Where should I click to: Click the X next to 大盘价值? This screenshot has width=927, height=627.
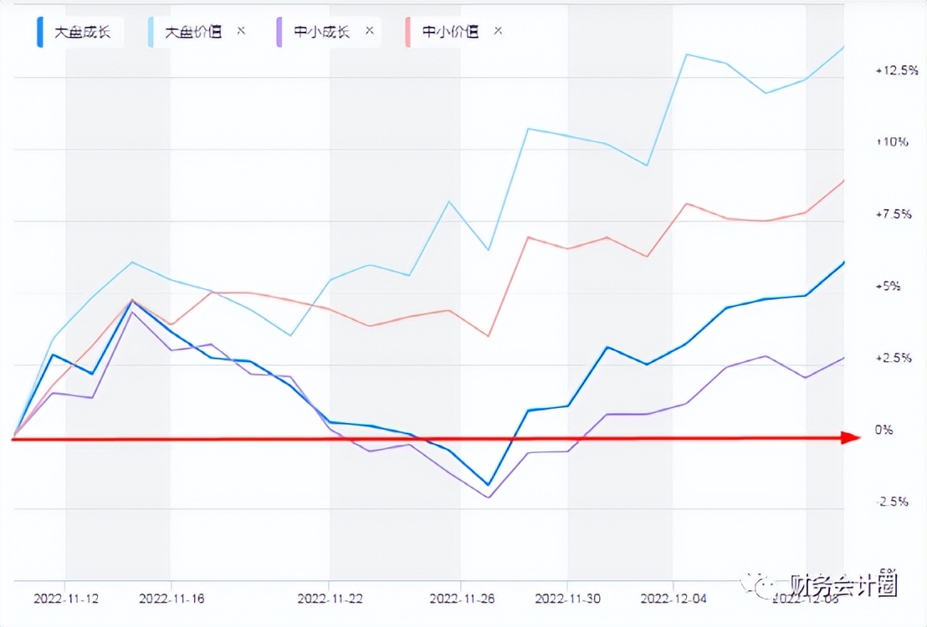click(x=241, y=31)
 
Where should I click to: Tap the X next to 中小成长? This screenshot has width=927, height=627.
click(x=369, y=31)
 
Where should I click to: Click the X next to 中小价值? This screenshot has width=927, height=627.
click(x=498, y=31)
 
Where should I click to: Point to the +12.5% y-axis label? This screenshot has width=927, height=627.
click(x=893, y=71)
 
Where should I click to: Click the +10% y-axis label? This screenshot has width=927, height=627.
click(x=893, y=142)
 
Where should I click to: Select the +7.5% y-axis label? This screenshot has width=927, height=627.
click(x=893, y=215)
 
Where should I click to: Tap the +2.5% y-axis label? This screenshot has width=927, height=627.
click(x=893, y=359)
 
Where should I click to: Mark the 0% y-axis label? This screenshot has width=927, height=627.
click(x=883, y=431)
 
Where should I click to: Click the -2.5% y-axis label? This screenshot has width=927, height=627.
click(x=893, y=502)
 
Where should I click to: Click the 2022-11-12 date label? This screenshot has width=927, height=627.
click(x=66, y=599)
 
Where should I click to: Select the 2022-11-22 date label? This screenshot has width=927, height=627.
click(x=330, y=599)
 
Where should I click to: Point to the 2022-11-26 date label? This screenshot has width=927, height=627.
click(x=462, y=599)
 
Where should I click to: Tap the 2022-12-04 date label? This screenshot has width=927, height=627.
click(x=673, y=599)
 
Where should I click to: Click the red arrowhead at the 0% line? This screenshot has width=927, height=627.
click(x=851, y=437)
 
